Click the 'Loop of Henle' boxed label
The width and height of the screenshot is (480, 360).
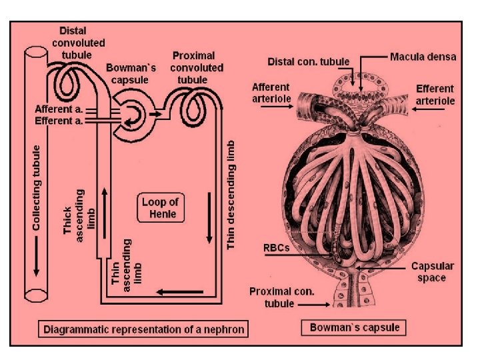coord(161,207)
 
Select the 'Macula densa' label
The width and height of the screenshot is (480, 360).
coord(423,57)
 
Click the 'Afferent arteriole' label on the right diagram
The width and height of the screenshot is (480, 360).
coord(271,94)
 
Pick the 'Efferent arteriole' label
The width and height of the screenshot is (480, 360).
coord(435,94)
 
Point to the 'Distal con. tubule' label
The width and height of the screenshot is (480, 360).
coord(309,61)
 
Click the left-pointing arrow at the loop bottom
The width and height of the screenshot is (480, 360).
coord(179,291)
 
